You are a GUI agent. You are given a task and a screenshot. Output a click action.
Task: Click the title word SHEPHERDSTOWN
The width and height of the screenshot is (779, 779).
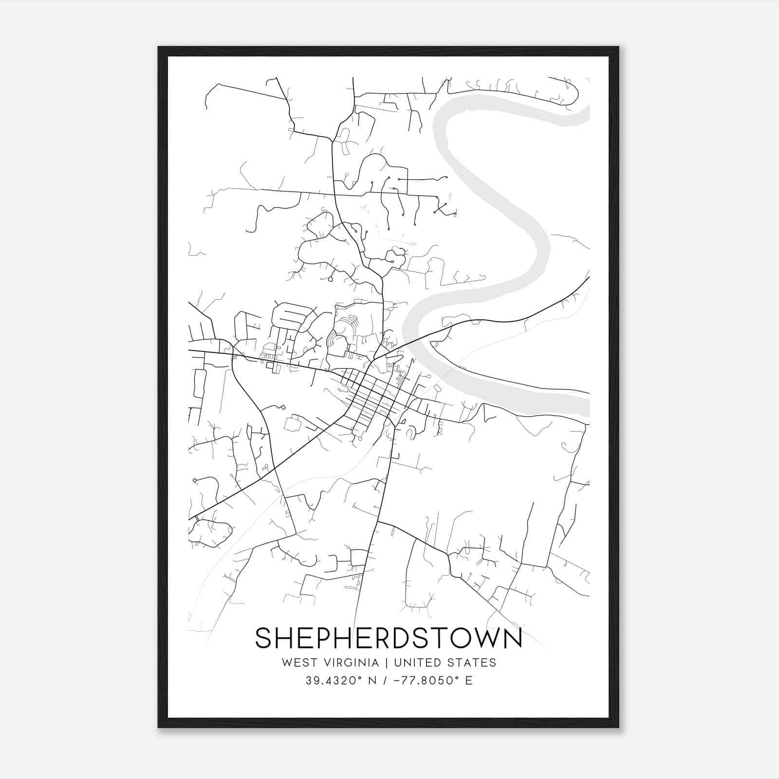(x=389, y=638)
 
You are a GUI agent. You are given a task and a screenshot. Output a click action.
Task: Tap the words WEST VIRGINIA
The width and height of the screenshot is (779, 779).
(x=330, y=663)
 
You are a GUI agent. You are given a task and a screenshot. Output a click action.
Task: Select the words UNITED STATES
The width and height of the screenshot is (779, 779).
(x=445, y=663)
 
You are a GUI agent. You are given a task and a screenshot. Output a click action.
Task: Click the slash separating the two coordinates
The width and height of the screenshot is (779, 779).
(x=386, y=681)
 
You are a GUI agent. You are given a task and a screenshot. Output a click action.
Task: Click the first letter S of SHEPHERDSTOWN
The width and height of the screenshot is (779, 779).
(x=263, y=638)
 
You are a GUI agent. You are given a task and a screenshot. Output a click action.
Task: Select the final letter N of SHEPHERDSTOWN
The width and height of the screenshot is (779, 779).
(x=512, y=638)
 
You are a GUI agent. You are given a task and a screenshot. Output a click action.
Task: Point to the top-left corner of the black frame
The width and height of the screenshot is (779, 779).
(x=159, y=48)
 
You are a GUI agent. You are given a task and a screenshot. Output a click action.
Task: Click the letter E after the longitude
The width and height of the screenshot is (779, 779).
(x=469, y=681)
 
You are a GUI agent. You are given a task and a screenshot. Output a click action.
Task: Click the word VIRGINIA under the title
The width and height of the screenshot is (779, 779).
(x=351, y=663)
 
